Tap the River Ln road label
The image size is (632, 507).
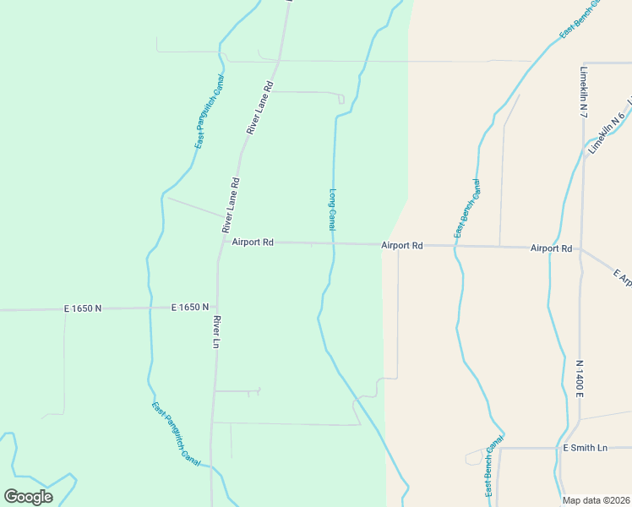(217, 332)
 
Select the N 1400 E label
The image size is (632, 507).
(580, 379)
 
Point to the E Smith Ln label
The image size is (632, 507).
(585, 448)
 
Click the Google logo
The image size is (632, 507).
(28, 496)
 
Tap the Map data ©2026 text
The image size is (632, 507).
(596, 500)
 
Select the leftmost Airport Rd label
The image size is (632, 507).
(253, 243)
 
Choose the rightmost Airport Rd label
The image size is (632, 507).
(552, 248)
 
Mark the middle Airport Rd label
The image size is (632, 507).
(401, 245)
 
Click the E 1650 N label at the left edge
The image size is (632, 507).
(83, 309)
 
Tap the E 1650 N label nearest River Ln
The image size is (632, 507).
(189, 308)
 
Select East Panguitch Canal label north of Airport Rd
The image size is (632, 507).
(209, 112)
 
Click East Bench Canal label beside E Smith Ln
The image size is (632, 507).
(493, 466)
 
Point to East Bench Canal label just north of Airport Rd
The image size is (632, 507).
(467, 208)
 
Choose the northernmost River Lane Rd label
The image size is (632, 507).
(260, 108)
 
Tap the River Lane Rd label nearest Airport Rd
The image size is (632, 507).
(231, 205)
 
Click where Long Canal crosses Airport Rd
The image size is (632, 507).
(333, 243)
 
